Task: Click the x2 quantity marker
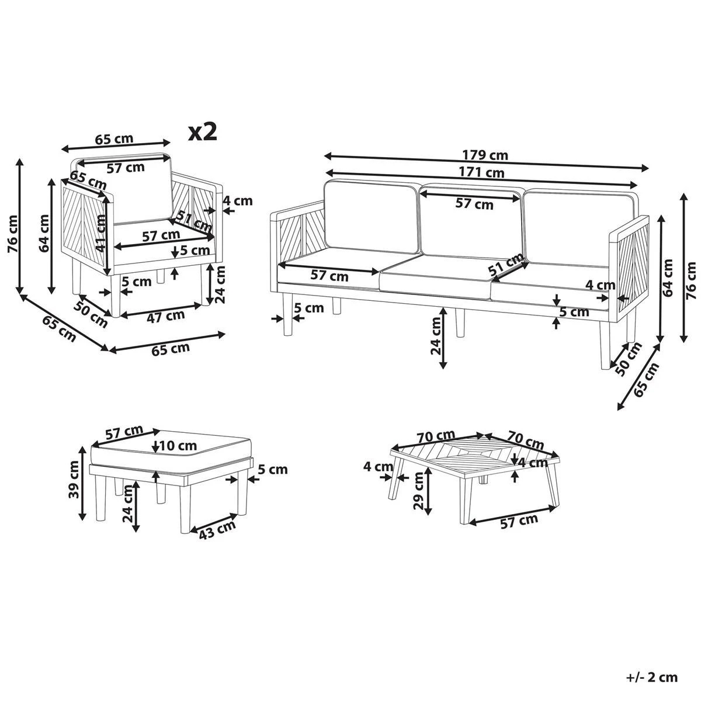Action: click(x=203, y=131)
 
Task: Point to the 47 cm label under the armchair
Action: click(x=165, y=316)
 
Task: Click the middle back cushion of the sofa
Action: click(x=470, y=222)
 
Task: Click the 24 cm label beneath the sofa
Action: click(x=435, y=336)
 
